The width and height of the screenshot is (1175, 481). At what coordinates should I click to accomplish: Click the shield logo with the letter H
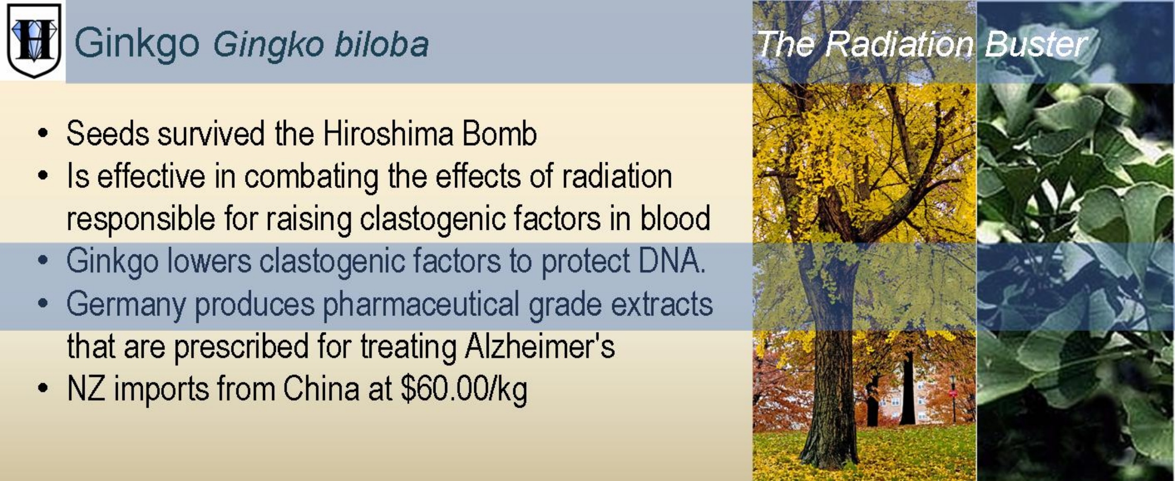34,40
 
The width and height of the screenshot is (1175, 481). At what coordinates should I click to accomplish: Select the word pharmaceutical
421,304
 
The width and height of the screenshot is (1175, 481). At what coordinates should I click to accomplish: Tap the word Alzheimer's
540,346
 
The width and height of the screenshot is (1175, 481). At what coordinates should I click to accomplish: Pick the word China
321,389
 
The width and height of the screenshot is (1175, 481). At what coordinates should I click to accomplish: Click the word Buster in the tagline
1036,44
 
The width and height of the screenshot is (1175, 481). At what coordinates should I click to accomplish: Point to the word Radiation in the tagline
899,44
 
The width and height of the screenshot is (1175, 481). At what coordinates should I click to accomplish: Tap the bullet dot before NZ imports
43,389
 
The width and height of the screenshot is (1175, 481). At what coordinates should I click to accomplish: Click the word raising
309,219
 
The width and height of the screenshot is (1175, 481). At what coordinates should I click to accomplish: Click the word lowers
209,261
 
